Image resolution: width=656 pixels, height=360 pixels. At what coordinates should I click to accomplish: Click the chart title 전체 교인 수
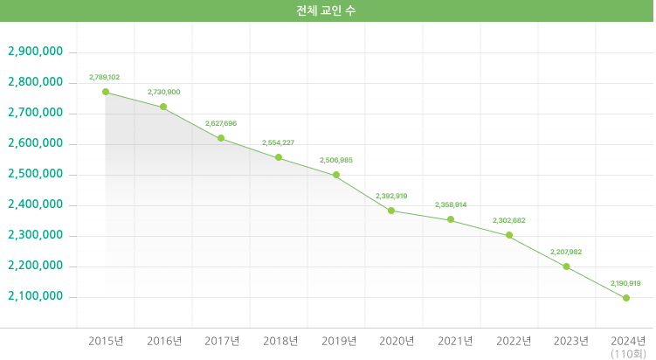[327, 10]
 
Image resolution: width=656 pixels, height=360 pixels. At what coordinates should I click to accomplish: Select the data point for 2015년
[106, 92]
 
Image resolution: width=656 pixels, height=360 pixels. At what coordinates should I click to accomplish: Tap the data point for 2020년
[391, 211]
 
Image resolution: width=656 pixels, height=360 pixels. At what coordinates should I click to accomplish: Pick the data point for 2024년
[626, 298]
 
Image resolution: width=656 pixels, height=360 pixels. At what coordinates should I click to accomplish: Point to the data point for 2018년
[279, 157]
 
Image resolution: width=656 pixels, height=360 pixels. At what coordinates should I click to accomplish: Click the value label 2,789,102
[105, 78]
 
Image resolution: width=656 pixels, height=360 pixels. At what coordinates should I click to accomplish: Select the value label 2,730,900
[163, 92]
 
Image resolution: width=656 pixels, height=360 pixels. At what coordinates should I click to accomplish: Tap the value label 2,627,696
[221, 123]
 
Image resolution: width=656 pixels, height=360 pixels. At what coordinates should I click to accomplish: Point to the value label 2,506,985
[336, 160]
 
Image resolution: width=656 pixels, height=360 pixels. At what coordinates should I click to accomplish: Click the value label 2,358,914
[451, 204]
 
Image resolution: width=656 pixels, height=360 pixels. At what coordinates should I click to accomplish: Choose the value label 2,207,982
[566, 252]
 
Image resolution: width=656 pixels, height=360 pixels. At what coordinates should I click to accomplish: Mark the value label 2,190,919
[625, 283]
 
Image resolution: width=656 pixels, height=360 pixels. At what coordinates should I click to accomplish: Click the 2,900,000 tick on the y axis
[35, 52]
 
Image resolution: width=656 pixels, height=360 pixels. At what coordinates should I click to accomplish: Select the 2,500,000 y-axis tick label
[35, 174]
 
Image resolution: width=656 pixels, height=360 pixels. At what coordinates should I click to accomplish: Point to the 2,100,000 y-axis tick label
[35, 296]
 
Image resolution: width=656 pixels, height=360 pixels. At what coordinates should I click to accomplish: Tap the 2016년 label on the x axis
[164, 341]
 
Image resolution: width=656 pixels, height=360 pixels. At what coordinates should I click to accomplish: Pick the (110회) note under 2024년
[628, 354]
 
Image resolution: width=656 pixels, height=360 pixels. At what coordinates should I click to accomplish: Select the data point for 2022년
[509, 235]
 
